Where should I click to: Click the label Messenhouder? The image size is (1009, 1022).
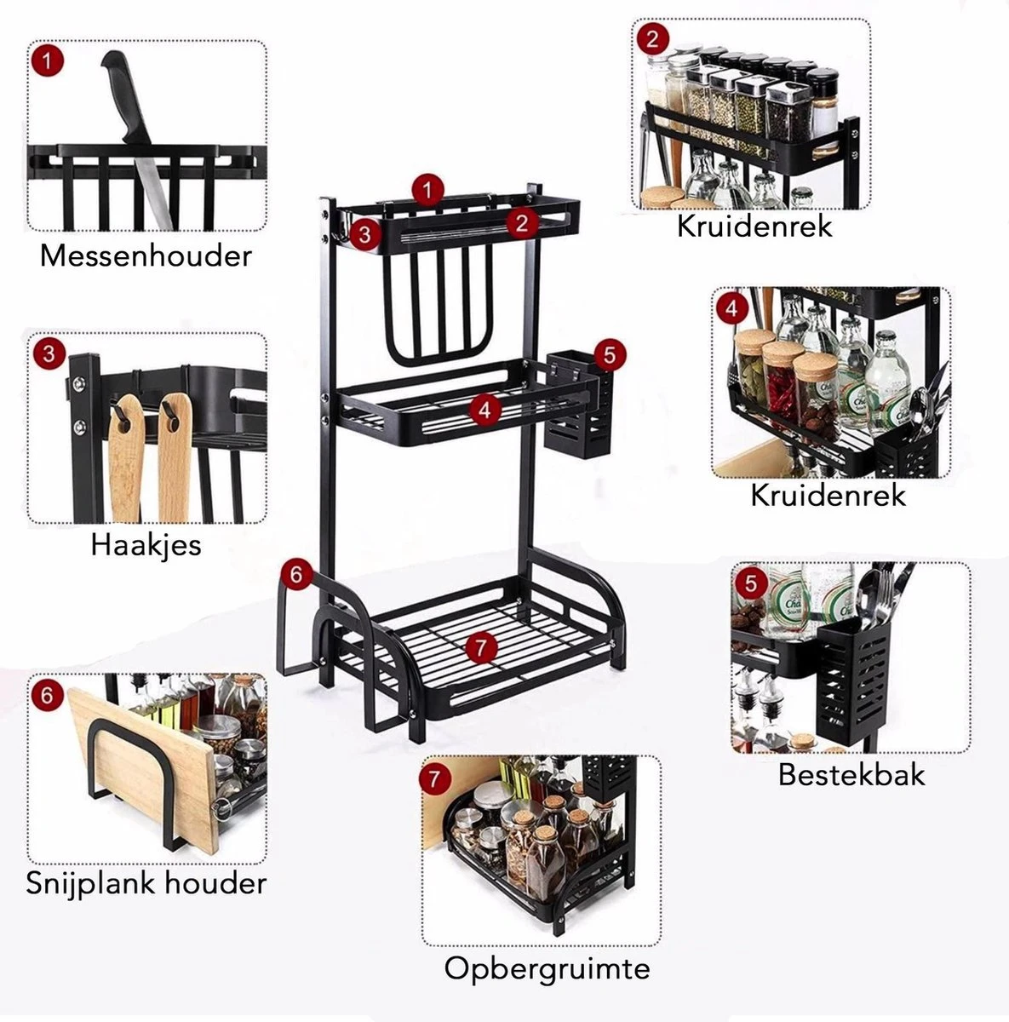[146, 255]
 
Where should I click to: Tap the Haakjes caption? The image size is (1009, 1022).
[146, 544]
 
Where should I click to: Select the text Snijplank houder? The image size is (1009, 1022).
[146, 882]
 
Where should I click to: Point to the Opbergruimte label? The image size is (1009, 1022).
[547, 968]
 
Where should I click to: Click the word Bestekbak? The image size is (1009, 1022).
[851, 775]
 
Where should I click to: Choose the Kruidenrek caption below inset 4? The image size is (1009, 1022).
[828, 495]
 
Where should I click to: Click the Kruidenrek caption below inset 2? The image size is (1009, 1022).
[754, 227]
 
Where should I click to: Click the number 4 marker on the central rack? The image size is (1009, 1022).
[484, 409]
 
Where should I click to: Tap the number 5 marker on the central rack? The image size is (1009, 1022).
[610, 353]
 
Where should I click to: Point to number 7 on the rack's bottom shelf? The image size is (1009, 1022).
[481, 647]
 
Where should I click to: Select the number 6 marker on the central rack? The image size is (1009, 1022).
[295, 576]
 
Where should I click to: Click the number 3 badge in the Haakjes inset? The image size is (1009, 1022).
[49, 353]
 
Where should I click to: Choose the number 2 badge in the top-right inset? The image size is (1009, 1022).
[652, 38]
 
